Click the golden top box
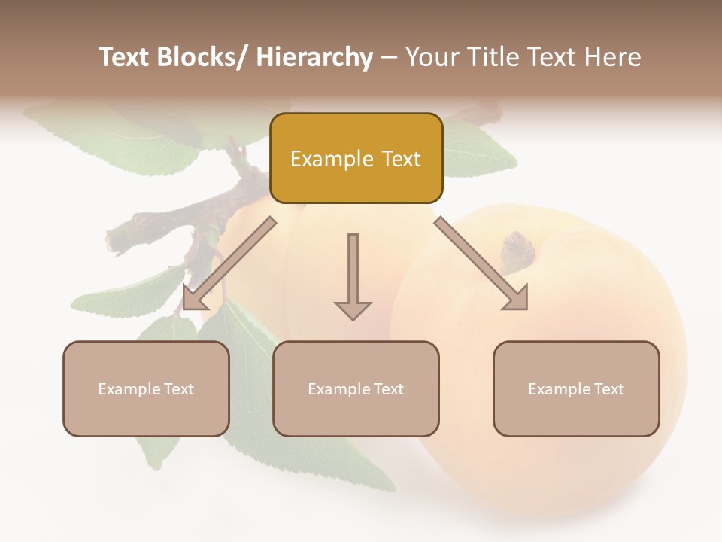tap(356, 158)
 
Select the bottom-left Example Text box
tap(146, 388)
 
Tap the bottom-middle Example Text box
tap(356, 388)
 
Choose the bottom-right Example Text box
tap(576, 388)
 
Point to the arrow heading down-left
tap(229, 264)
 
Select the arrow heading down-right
tap(481, 263)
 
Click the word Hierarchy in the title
tap(314, 57)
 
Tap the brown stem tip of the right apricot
tap(517, 245)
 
